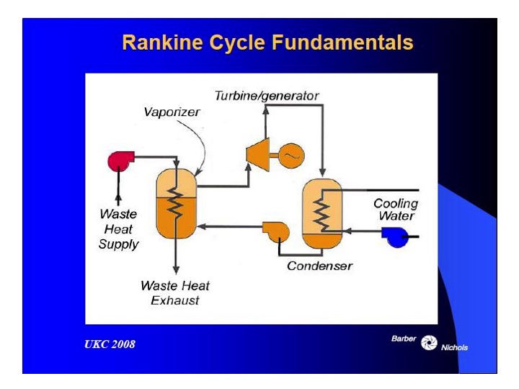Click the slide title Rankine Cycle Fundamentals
pyautogui.click(x=267, y=43)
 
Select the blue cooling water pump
pyautogui.click(x=395, y=236)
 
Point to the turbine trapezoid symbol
pyautogui.click(x=257, y=153)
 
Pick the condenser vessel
pyautogui.click(x=321, y=213)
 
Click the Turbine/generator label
pyautogui.click(x=267, y=95)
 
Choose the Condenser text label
pyautogui.click(x=319, y=266)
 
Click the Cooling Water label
pyautogui.click(x=395, y=209)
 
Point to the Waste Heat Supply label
pyautogui.click(x=118, y=229)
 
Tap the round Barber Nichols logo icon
pyautogui.click(x=430, y=341)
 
